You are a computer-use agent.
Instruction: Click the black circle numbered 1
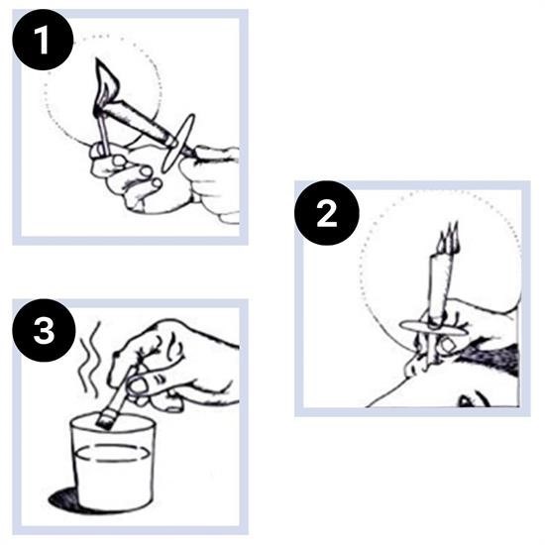coord(43,40)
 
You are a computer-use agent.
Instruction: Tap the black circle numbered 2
coord(326,213)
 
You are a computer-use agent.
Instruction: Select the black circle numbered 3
coord(44,330)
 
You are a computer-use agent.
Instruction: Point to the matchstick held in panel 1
coord(103,132)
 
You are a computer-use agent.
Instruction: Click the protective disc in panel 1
coord(178,143)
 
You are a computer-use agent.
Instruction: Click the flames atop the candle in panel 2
coord(449,237)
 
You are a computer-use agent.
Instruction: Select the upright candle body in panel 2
coord(441,285)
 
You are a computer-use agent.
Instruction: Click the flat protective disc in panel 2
coord(434,327)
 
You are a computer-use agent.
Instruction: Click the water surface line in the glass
coord(112,453)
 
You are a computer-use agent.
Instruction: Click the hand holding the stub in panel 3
coord(173,365)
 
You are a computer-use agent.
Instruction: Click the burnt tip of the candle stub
coord(103,419)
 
